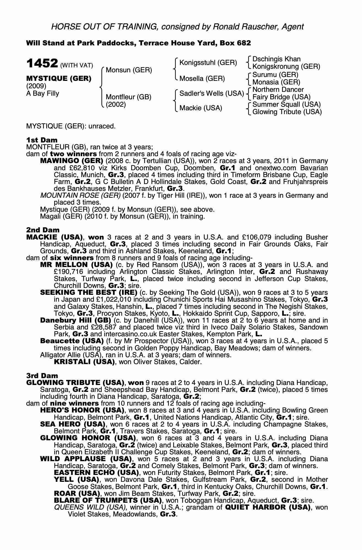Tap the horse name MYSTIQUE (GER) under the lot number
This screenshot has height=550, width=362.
point(58,78)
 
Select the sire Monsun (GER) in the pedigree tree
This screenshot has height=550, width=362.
point(129,70)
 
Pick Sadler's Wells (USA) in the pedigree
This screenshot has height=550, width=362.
point(212,94)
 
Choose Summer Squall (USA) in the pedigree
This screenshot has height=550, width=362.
point(287,105)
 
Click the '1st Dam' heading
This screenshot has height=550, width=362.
point(38,140)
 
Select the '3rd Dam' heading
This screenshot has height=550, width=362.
point(38,376)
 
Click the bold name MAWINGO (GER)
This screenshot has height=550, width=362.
point(72,161)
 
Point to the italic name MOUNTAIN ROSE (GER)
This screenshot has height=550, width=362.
point(80,196)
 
